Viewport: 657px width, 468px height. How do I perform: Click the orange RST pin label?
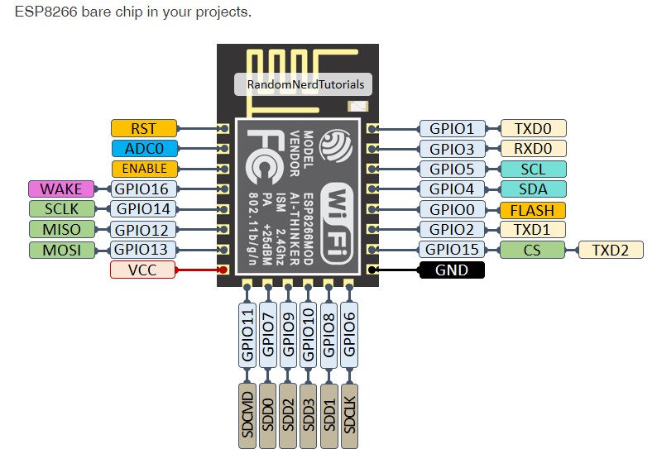point(144,128)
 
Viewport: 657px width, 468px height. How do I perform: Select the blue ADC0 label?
point(144,149)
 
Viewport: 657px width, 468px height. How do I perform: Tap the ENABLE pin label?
point(144,169)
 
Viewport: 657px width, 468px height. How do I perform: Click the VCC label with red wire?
point(142,270)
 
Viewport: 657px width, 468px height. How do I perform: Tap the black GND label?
point(452,270)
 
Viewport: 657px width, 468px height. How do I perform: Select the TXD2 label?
point(611,250)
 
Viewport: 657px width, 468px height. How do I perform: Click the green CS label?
point(532,250)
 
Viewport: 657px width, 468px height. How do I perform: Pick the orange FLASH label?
point(533,209)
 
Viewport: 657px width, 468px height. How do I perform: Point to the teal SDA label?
point(533,189)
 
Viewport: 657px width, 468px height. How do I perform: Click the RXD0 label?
point(533,149)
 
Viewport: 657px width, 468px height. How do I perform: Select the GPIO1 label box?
point(453,128)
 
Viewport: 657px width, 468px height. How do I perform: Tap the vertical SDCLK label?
point(349,415)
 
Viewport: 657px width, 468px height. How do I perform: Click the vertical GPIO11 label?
point(247,335)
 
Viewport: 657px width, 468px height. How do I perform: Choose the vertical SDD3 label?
point(309,415)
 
